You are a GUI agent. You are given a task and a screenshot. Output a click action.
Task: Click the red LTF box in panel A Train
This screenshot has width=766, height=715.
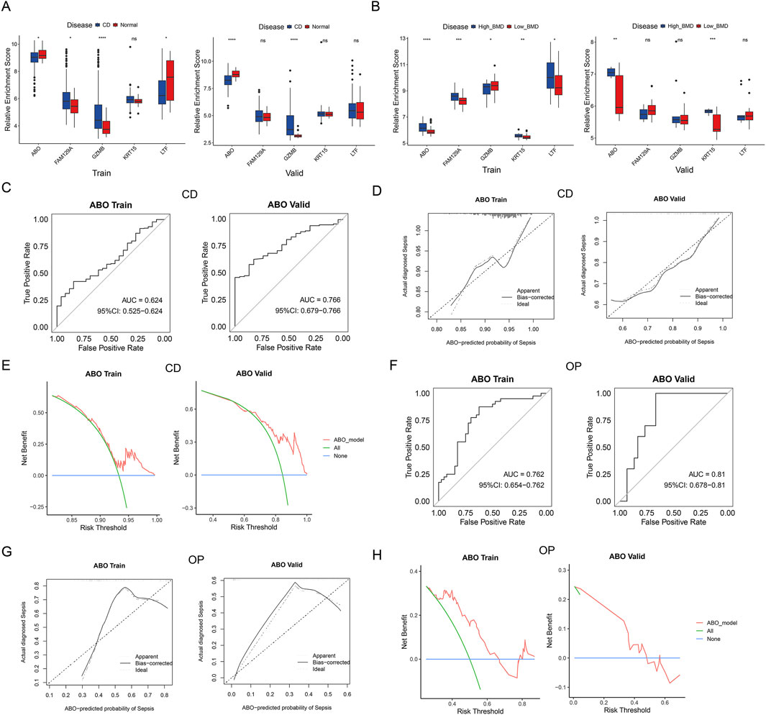(170, 78)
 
